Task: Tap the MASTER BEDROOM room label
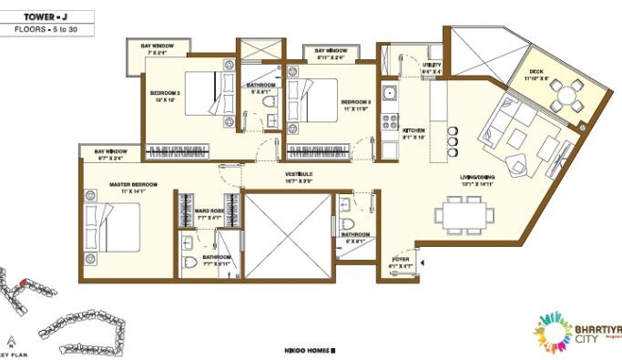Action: coord(133,185)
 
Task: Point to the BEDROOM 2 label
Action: coord(168,92)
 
